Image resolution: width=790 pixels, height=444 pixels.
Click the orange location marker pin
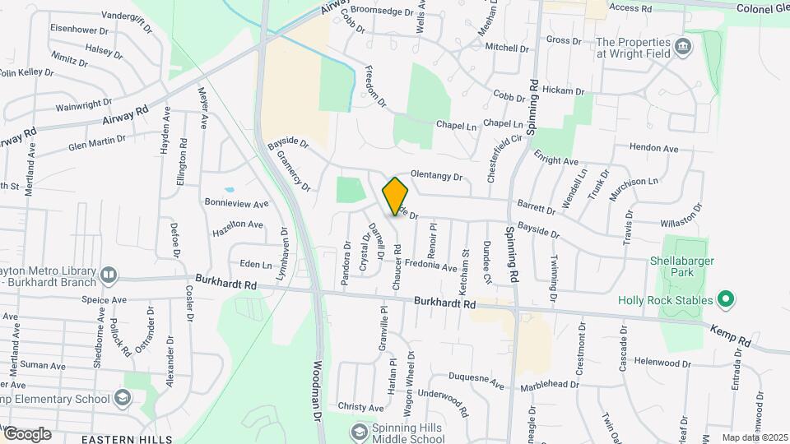click(396, 196)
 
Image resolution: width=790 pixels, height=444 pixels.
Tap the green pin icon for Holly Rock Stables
click(725, 299)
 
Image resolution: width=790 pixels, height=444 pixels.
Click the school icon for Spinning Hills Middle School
click(359, 432)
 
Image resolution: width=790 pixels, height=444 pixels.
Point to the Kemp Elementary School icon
click(123, 400)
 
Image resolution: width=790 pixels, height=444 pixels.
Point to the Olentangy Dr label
click(437, 176)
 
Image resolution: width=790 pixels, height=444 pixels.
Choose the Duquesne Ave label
click(476, 381)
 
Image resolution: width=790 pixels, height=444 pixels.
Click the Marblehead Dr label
click(552, 386)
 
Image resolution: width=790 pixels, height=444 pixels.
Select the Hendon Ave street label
click(653, 149)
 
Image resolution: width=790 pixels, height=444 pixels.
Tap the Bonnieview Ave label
click(236, 203)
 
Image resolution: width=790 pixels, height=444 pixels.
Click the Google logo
click(26, 434)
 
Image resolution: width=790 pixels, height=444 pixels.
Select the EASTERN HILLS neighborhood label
click(120, 439)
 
